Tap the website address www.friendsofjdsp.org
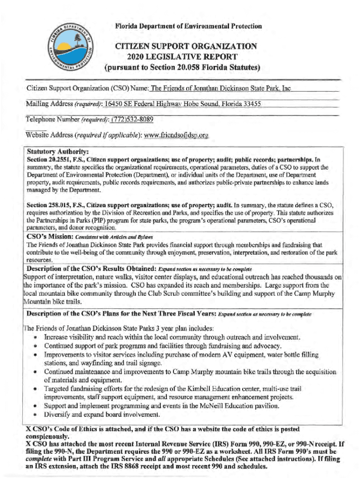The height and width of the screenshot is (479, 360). coord(176,136)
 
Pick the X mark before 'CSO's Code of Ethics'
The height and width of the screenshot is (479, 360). coord(29,428)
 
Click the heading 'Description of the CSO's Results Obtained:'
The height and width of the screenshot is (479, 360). coord(91,269)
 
